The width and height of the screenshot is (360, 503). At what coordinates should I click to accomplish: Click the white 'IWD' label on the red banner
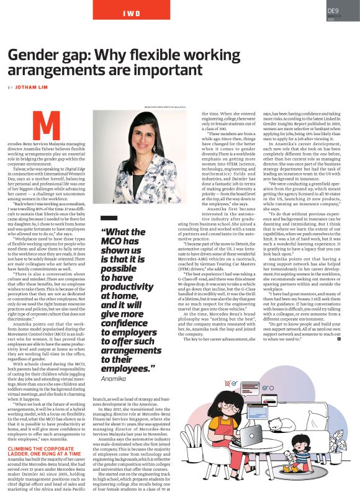131,12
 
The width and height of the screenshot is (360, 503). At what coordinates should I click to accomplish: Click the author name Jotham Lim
33,87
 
